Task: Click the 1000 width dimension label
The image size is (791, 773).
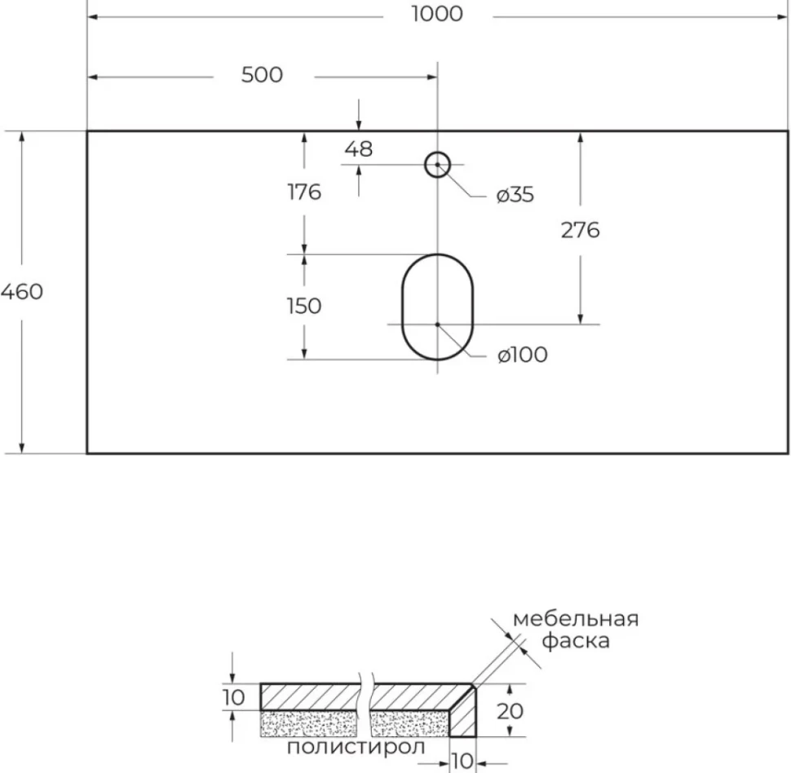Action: pyautogui.click(x=437, y=14)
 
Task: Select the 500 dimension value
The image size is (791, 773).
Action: pyautogui.click(x=262, y=75)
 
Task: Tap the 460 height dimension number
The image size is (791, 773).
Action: pyautogui.click(x=22, y=292)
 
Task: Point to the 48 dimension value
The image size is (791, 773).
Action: pyautogui.click(x=359, y=149)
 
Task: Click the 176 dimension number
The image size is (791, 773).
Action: pyautogui.click(x=304, y=192)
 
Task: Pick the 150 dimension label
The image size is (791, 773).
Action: pyautogui.click(x=304, y=306)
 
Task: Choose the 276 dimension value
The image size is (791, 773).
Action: pyautogui.click(x=580, y=230)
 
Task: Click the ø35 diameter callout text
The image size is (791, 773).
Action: pyautogui.click(x=515, y=195)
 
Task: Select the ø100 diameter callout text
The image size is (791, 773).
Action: pyautogui.click(x=522, y=355)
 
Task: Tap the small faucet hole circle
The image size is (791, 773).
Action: pyautogui.click(x=437, y=152)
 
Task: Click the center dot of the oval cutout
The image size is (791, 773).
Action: pyautogui.click(x=437, y=325)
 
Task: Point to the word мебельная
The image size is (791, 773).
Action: pyautogui.click(x=576, y=619)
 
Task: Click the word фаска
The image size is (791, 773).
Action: pyautogui.click(x=576, y=641)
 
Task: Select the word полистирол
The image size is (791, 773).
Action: pyautogui.click(x=356, y=747)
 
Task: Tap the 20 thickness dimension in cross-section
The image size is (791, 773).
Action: pyautogui.click(x=510, y=711)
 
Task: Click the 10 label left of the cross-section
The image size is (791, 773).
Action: pyautogui.click(x=233, y=698)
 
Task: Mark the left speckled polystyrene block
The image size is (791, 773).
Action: pyautogui.click(x=309, y=723)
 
